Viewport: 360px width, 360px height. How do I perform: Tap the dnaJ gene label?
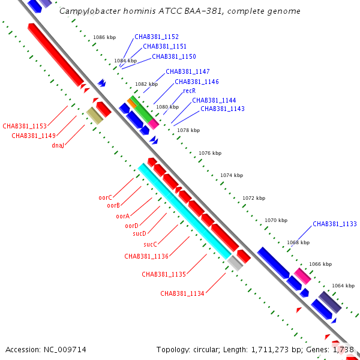click(58, 145)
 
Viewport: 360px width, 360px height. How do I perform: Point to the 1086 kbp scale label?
click(104, 37)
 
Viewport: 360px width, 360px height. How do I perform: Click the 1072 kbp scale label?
click(254, 198)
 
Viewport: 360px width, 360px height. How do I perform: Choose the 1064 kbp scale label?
click(343, 286)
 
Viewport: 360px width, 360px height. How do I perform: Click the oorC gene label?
click(106, 197)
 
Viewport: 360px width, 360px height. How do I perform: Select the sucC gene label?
click(150, 244)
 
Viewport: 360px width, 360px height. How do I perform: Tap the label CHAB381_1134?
click(182, 293)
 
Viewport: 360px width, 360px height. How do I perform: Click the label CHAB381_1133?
click(335, 224)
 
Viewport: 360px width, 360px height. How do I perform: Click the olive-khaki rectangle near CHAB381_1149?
click(95, 115)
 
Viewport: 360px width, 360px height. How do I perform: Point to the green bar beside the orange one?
click(142, 109)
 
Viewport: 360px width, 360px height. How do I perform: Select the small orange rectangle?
click(131, 103)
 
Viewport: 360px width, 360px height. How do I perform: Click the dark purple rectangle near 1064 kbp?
click(329, 302)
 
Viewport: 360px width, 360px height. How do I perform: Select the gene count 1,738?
click(341, 349)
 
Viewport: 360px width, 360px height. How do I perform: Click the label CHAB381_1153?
click(25, 126)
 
